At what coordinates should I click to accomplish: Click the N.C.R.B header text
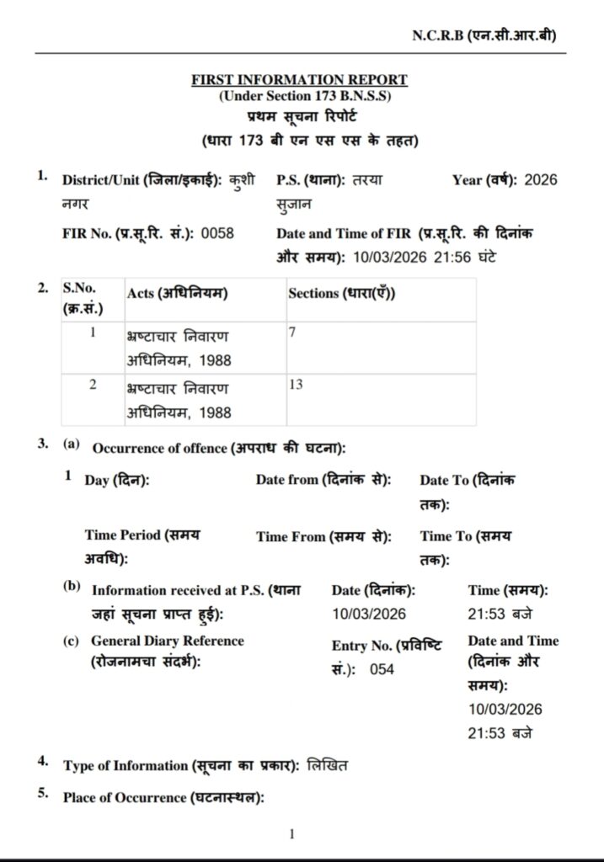484,35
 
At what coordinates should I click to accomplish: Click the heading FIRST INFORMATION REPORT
299,80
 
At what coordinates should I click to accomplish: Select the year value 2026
540,180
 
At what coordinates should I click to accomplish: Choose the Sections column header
342,294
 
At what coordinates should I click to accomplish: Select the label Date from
323,480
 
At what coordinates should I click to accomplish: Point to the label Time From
323,536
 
